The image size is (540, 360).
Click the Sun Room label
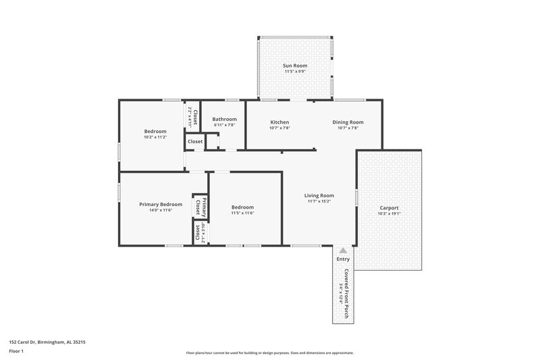coord(294,66)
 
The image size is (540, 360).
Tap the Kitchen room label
coord(279,122)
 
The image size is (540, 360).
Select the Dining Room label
coord(348,122)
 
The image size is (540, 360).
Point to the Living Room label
coord(319,196)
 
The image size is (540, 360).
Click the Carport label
coord(389,208)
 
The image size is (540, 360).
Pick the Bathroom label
coord(224,120)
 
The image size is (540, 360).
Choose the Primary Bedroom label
coord(161,204)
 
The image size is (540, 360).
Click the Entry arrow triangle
coord(343,251)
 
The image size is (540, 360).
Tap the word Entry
coord(343,259)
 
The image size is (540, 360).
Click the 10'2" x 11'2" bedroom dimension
coord(155,137)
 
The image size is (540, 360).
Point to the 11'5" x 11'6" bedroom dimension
coord(242,213)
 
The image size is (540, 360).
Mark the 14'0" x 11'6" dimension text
coord(161,210)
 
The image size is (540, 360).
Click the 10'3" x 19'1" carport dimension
coord(389,214)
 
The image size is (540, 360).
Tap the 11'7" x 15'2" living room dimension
coord(319,201)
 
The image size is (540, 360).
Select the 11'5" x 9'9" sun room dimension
coord(294,71)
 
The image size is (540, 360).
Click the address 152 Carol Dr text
coord(47,342)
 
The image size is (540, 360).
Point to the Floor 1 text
coord(17,352)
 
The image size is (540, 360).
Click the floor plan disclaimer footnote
coord(270,353)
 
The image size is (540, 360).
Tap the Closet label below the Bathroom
coord(195,142)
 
